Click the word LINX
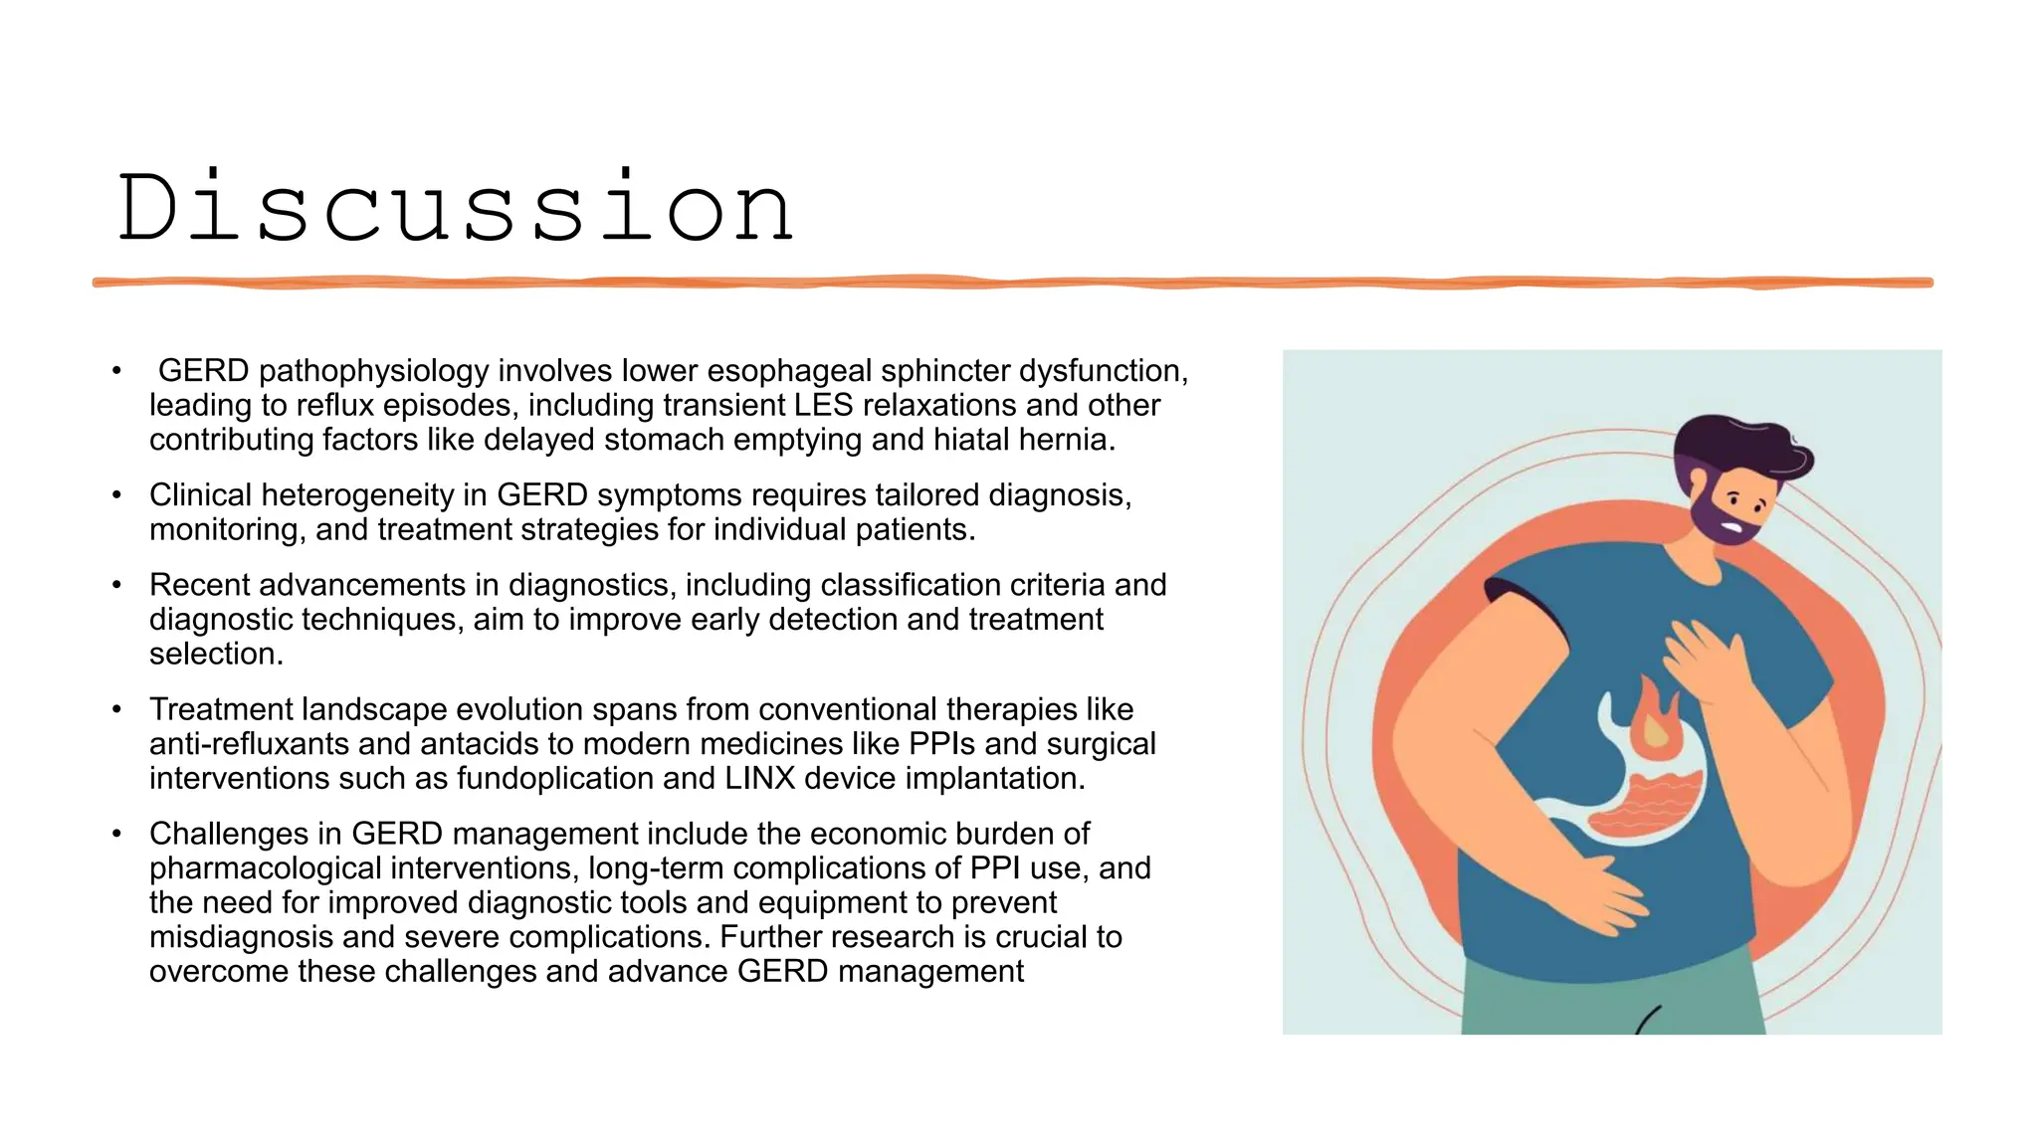tap(759, 778)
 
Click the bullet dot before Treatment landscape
tap(116, 710)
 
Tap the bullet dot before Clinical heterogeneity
tap(116, 495)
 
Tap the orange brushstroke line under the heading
tap(1012, 283)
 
